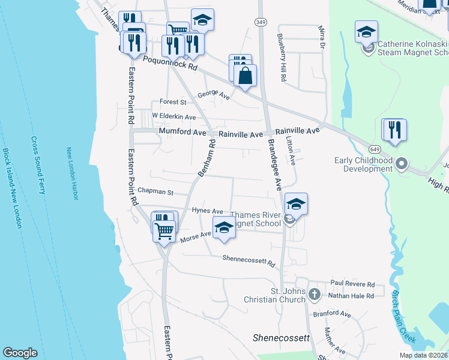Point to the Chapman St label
(x=155, y=193)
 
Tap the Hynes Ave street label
(x=208, y=211)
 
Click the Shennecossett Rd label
(x=249, y=261)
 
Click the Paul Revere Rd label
(x=352, y=284)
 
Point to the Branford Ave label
(x=331, y=314)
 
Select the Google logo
(x=20, y=353)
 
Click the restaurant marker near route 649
(x=394, y=130)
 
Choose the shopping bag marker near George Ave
(x=245, y=77)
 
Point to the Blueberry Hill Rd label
(x=282, y=58)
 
